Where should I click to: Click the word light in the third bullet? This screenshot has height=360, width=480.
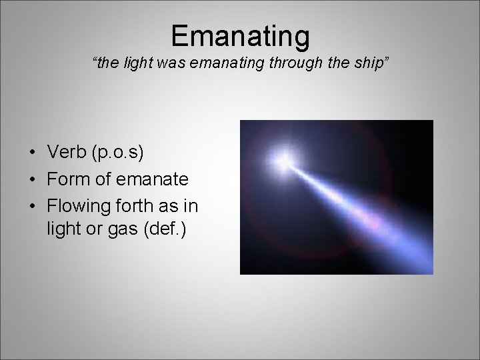(65, 230)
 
